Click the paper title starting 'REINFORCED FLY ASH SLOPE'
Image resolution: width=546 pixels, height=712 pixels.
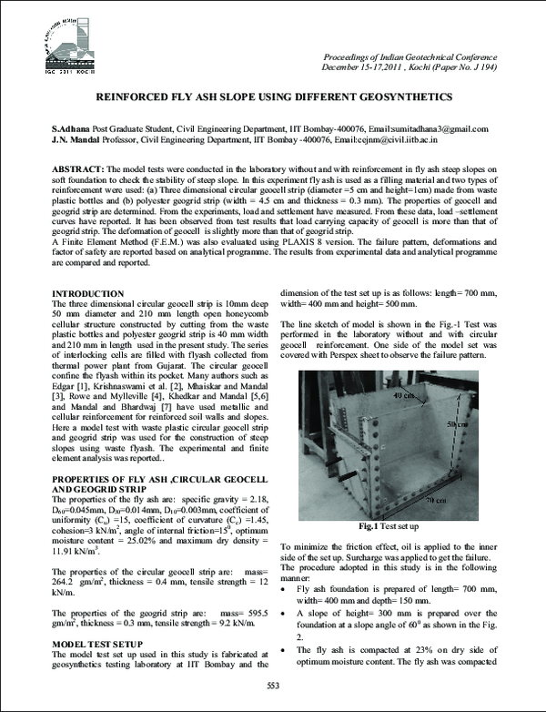coord(273,96)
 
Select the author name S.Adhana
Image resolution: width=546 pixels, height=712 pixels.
coord(74,129)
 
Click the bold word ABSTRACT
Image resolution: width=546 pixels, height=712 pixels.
coord(78,170)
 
